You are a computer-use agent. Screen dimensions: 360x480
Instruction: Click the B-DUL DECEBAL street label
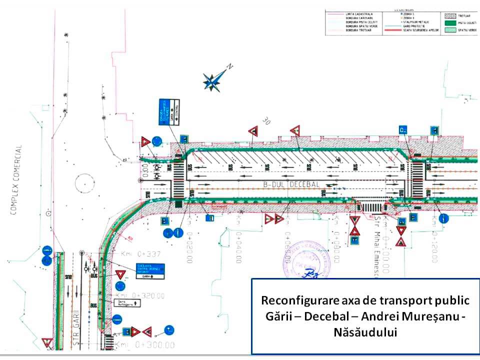point(291,184)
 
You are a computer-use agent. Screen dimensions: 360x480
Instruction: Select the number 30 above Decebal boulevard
point(265,121)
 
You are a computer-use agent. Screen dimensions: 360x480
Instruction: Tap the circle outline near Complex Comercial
point(85,183)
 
